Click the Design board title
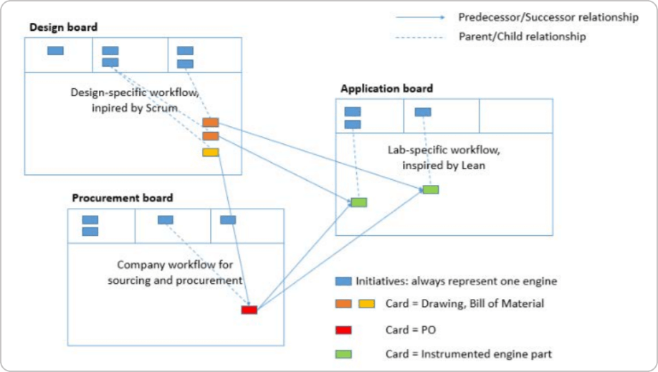(63, 27)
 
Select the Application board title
(386, 89)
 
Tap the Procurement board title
(122, 198)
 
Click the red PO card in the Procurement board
(249, 310)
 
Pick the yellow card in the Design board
(211, 152)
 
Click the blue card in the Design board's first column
(55, 51)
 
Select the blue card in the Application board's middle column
(423, 112)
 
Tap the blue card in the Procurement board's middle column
(166, 219)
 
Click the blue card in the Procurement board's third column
(228, 219)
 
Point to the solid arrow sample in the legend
(420, 17)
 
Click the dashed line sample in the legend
(419, 37)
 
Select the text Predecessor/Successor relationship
(548, 17)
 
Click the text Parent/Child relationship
(522, 37)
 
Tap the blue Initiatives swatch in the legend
(343, 281)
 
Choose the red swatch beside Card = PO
(343, 330)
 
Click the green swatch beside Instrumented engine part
(343, 354)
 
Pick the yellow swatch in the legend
(366, 304)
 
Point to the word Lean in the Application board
(473, 166)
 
